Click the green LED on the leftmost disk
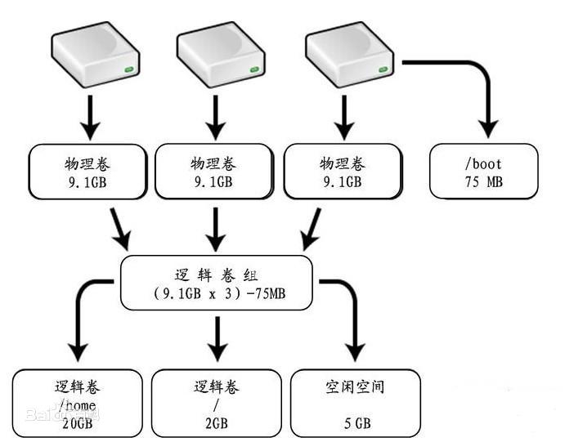pyautogui.click(x=129, y=73)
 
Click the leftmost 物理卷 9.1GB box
pyautogui.click(x=88, y=172)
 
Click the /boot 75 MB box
pyautogui.click(x=484, y=172)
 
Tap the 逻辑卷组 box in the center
pyautogui.click(x=216, y=283)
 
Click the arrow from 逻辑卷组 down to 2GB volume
pyautogui.click(x=217, y=337)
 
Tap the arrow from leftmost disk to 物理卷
pyautogui.click(x=91, y=118)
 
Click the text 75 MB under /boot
pyautogui.click(x=484, y=182)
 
